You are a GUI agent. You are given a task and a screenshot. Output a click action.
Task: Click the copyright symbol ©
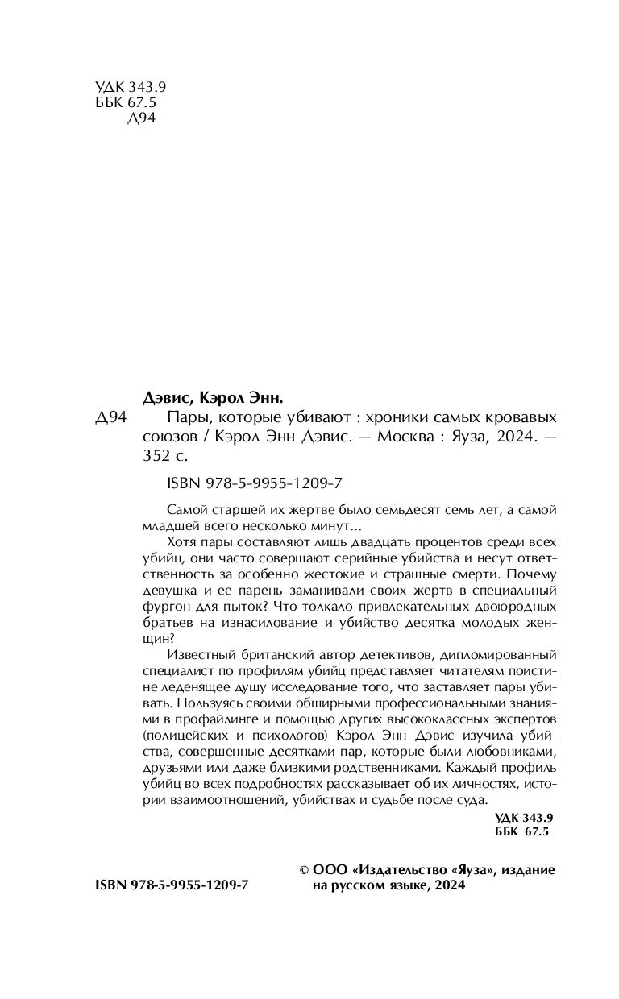click(x=304, y=870)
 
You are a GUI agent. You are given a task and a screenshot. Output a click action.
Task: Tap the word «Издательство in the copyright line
click(x=399, y=870)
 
